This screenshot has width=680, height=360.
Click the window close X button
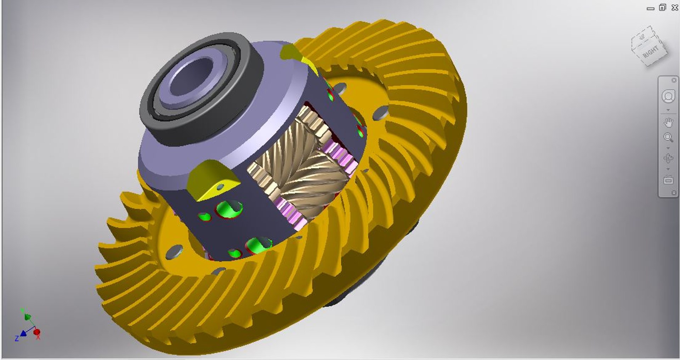(675, 7)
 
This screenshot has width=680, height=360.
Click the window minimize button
(650, 9)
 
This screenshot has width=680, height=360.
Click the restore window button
(662, 7)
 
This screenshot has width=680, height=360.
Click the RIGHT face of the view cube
(651, 52)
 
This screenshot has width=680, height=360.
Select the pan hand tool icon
(668, 123)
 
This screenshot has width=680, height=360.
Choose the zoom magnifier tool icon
(668, 137)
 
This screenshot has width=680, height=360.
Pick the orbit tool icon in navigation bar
(668, 158)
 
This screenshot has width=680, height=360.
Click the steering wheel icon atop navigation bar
(668, 96)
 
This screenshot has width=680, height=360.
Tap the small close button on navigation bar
(674, 80)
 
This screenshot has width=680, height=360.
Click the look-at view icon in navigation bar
(668, 180)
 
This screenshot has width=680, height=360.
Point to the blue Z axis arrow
(23, 333)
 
